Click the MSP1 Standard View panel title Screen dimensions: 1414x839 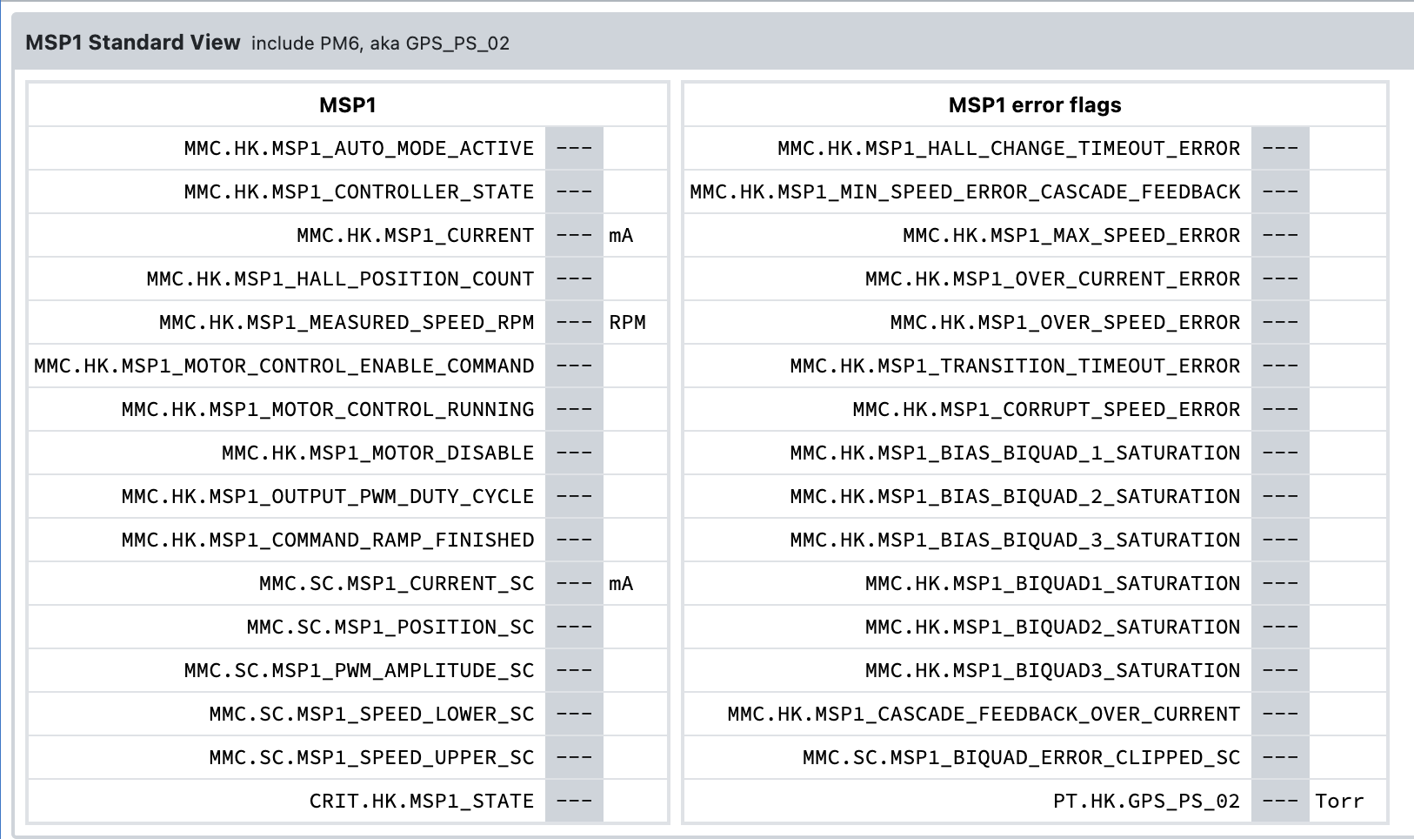(132, 43)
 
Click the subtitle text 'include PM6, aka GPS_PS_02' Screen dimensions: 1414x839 (380, 43)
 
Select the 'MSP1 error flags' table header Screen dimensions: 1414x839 (1035, 104)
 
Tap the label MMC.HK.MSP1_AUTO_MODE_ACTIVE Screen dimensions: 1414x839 (358, 148)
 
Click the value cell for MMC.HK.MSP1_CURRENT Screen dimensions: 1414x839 (575, 235)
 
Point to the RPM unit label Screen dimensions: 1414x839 (627, 322)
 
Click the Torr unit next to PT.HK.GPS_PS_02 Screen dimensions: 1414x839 (1339, 801)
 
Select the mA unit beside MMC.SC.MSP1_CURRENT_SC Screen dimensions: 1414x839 (621, 583)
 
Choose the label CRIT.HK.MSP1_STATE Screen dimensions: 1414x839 (421, 801)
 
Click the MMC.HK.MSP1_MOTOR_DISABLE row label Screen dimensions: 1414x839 (377, 453)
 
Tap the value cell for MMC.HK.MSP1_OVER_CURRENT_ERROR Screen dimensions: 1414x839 (1280, 279)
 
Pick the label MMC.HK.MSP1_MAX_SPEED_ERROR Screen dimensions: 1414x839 (1071, 235)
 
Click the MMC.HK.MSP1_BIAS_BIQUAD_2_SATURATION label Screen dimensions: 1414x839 (1015, 496)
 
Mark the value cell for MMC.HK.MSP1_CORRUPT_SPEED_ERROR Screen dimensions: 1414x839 (1280, 409)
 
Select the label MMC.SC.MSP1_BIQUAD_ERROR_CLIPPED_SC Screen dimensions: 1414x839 (1021, 757)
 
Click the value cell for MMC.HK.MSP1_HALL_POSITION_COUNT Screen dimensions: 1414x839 (575, 279)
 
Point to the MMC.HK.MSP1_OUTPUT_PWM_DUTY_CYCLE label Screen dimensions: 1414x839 (328, 496)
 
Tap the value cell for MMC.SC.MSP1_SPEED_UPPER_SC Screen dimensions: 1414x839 (575, 757)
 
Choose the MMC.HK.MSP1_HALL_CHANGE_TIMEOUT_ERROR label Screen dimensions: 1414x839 (1009, 148)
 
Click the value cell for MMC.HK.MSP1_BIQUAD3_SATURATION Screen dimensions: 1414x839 (1280, 669)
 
